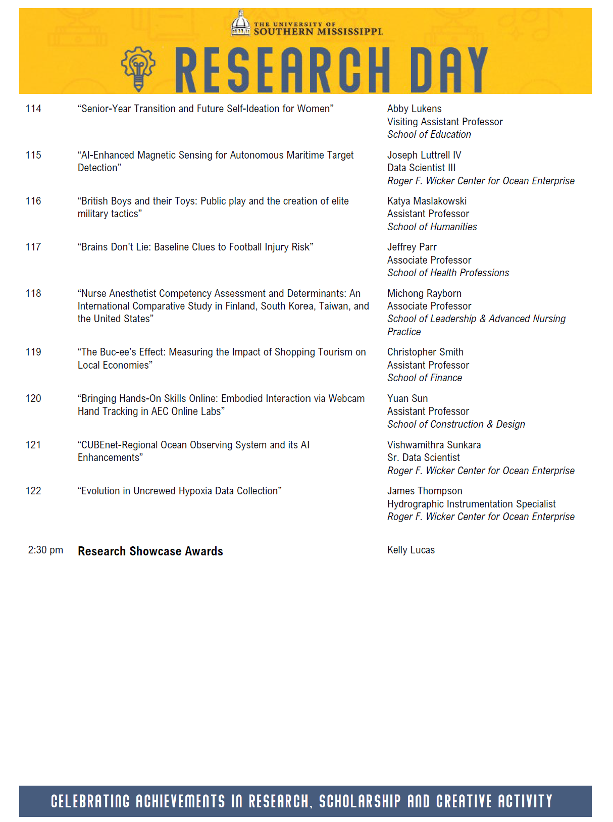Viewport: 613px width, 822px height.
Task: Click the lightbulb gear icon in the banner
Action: click(138, 68)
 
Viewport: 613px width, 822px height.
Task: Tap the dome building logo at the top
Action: click(241, 23)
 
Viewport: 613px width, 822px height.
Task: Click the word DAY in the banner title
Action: click(448, 70)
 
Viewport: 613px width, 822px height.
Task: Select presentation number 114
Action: click(33, 109)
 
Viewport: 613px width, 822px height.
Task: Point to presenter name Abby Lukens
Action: click(414, 109)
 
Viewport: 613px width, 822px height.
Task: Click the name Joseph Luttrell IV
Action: click(424, 155)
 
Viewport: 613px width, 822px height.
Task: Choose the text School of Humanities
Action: click(432, 227)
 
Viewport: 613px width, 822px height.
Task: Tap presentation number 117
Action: click(33, 247)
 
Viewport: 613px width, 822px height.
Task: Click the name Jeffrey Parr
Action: click(412, 247)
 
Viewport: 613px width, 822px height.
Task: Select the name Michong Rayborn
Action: click(424, 293)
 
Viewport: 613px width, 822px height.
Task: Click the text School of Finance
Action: click(424, 378)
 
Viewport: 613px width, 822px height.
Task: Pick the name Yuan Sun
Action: click(407, 398)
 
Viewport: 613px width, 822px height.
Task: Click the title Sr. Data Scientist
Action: click(423, 457)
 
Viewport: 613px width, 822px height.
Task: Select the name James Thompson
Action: click(424, 491)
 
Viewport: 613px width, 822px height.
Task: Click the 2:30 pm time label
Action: click(45, 550)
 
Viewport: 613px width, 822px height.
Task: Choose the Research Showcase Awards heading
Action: click(150, 551)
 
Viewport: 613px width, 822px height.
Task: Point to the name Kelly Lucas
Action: click(411, 550)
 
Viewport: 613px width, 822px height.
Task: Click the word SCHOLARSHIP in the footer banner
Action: click(360, 801)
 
